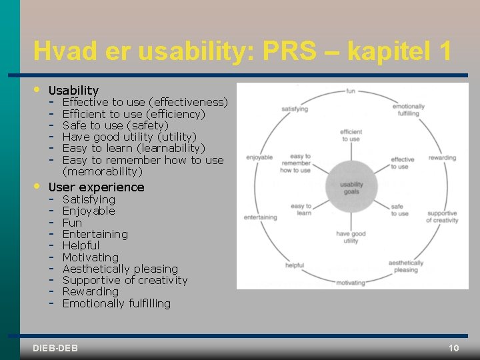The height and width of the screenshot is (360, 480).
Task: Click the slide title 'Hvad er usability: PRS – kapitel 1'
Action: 243,51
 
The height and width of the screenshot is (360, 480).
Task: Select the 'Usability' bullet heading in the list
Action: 74,90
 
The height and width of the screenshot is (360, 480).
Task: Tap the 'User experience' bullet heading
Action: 97,187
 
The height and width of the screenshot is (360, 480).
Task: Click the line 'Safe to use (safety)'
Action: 115,125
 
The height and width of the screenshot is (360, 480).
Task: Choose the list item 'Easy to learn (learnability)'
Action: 133,148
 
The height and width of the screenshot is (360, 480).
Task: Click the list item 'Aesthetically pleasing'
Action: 120,269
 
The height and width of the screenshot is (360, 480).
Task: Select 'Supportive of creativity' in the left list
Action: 125,280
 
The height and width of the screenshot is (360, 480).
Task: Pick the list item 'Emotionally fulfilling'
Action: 117,303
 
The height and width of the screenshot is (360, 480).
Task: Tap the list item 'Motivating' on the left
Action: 91,257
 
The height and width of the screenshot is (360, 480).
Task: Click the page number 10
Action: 453,348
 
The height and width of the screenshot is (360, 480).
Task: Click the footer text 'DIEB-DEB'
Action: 55,348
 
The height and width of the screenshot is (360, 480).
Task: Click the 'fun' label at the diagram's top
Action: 351,90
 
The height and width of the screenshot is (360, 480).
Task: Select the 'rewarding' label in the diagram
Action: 442,158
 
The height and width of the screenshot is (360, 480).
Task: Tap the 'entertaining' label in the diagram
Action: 261,217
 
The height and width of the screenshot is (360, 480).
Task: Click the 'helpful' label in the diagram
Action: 295,265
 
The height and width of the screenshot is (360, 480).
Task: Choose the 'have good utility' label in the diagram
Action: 351,237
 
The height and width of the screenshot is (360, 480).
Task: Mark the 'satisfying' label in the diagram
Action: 294,108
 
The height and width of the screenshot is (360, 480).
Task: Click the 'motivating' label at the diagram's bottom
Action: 351,283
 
